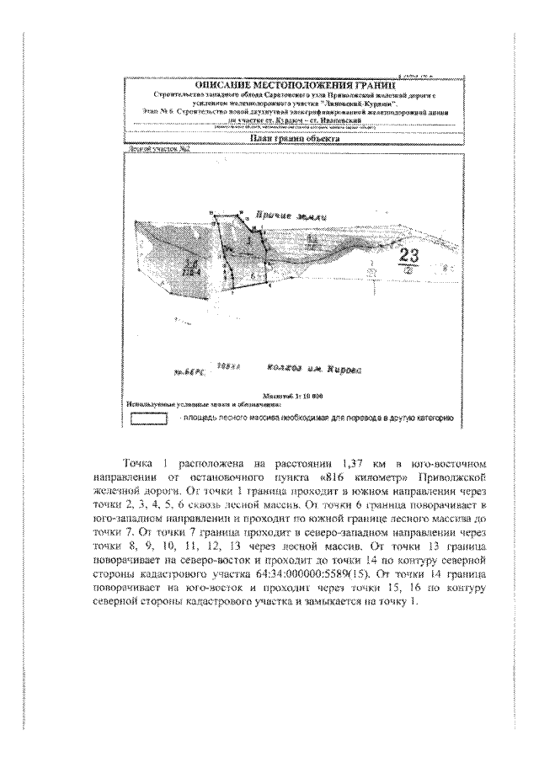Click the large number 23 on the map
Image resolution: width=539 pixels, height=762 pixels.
(x=412, y=256)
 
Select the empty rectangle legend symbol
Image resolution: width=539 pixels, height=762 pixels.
(x=148, y=418)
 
